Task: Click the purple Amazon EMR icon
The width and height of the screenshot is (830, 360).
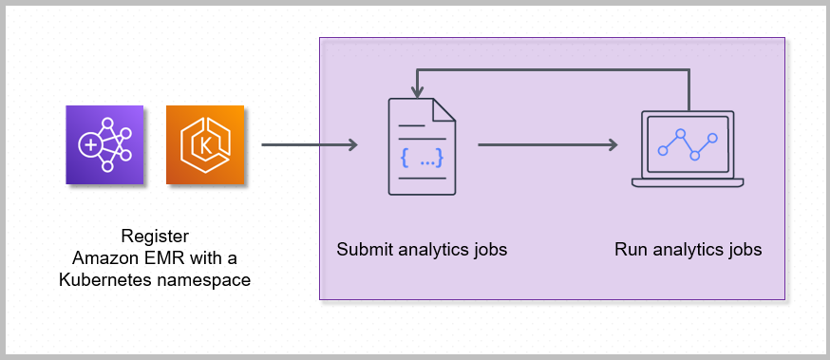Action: coord(104,144)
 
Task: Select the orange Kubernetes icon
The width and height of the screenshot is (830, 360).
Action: coord(205,144)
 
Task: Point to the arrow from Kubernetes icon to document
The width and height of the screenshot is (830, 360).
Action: coord(309,145)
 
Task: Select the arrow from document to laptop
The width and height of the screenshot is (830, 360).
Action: coord(547,145)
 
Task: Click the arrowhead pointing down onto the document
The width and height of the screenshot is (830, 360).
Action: coord(415,91)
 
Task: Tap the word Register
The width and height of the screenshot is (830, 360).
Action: coord(156,237)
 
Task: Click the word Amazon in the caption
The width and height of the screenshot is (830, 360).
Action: coord(104,258)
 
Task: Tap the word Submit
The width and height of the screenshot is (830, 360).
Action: coord(362,251)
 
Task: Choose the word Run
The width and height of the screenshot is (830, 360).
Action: coord(630,251)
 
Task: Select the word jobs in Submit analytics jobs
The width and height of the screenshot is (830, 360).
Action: coord(488,251)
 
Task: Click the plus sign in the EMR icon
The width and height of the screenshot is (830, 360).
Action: coord(90,145)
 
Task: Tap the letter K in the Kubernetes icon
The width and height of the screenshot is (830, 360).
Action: coord(205,145)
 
